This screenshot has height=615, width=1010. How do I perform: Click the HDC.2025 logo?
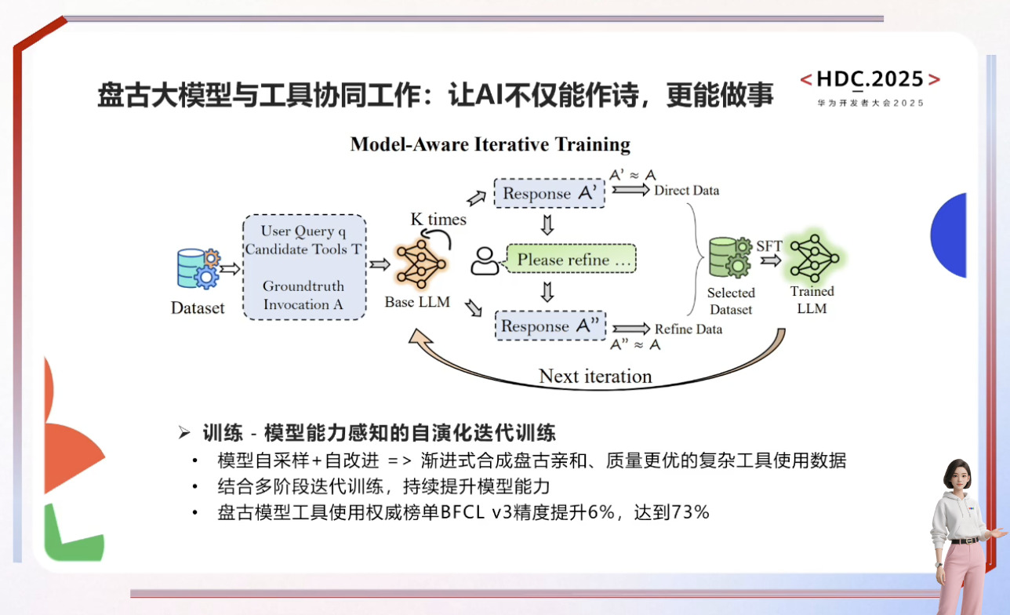pos(870,79)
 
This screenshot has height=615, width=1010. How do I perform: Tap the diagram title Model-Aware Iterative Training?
pos(490,144)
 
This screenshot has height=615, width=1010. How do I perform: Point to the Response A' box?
pos(549,193)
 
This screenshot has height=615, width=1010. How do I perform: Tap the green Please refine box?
pos(571,260)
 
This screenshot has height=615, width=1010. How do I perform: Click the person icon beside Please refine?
pos(485,261)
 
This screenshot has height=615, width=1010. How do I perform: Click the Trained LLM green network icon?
pos(813,257)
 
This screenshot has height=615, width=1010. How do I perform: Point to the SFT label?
pos(768,246)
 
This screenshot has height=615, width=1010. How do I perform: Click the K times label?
pos(438,220)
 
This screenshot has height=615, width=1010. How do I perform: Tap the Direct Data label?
pos(686,190)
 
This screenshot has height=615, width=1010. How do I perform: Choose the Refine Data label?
pos(688,329)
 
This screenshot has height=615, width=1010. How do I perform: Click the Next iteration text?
pos(595,377)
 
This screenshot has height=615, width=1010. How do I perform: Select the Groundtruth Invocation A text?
pos(303,295)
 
